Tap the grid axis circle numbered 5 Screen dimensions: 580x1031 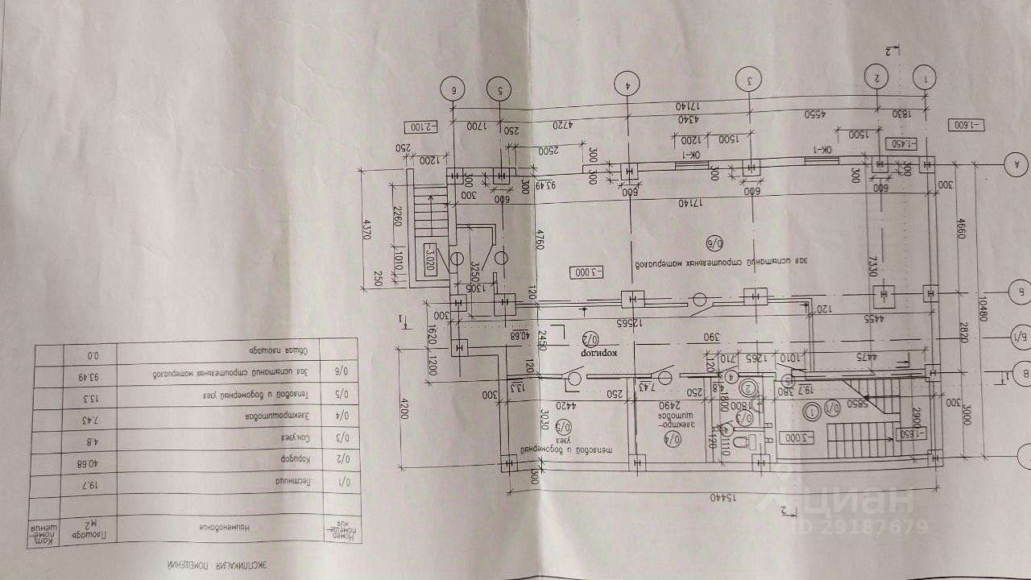click(500, 90)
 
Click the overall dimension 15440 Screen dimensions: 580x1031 click(721, 498)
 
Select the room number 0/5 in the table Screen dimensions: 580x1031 click(339, 399)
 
